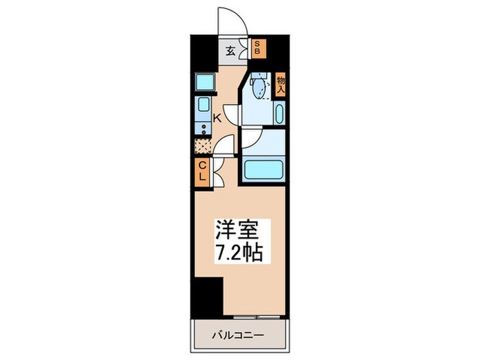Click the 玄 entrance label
231,49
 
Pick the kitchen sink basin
204,106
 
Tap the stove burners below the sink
203,127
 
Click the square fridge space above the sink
204,82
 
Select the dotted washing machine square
203,145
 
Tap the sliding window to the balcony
254,317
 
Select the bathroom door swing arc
251,138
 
